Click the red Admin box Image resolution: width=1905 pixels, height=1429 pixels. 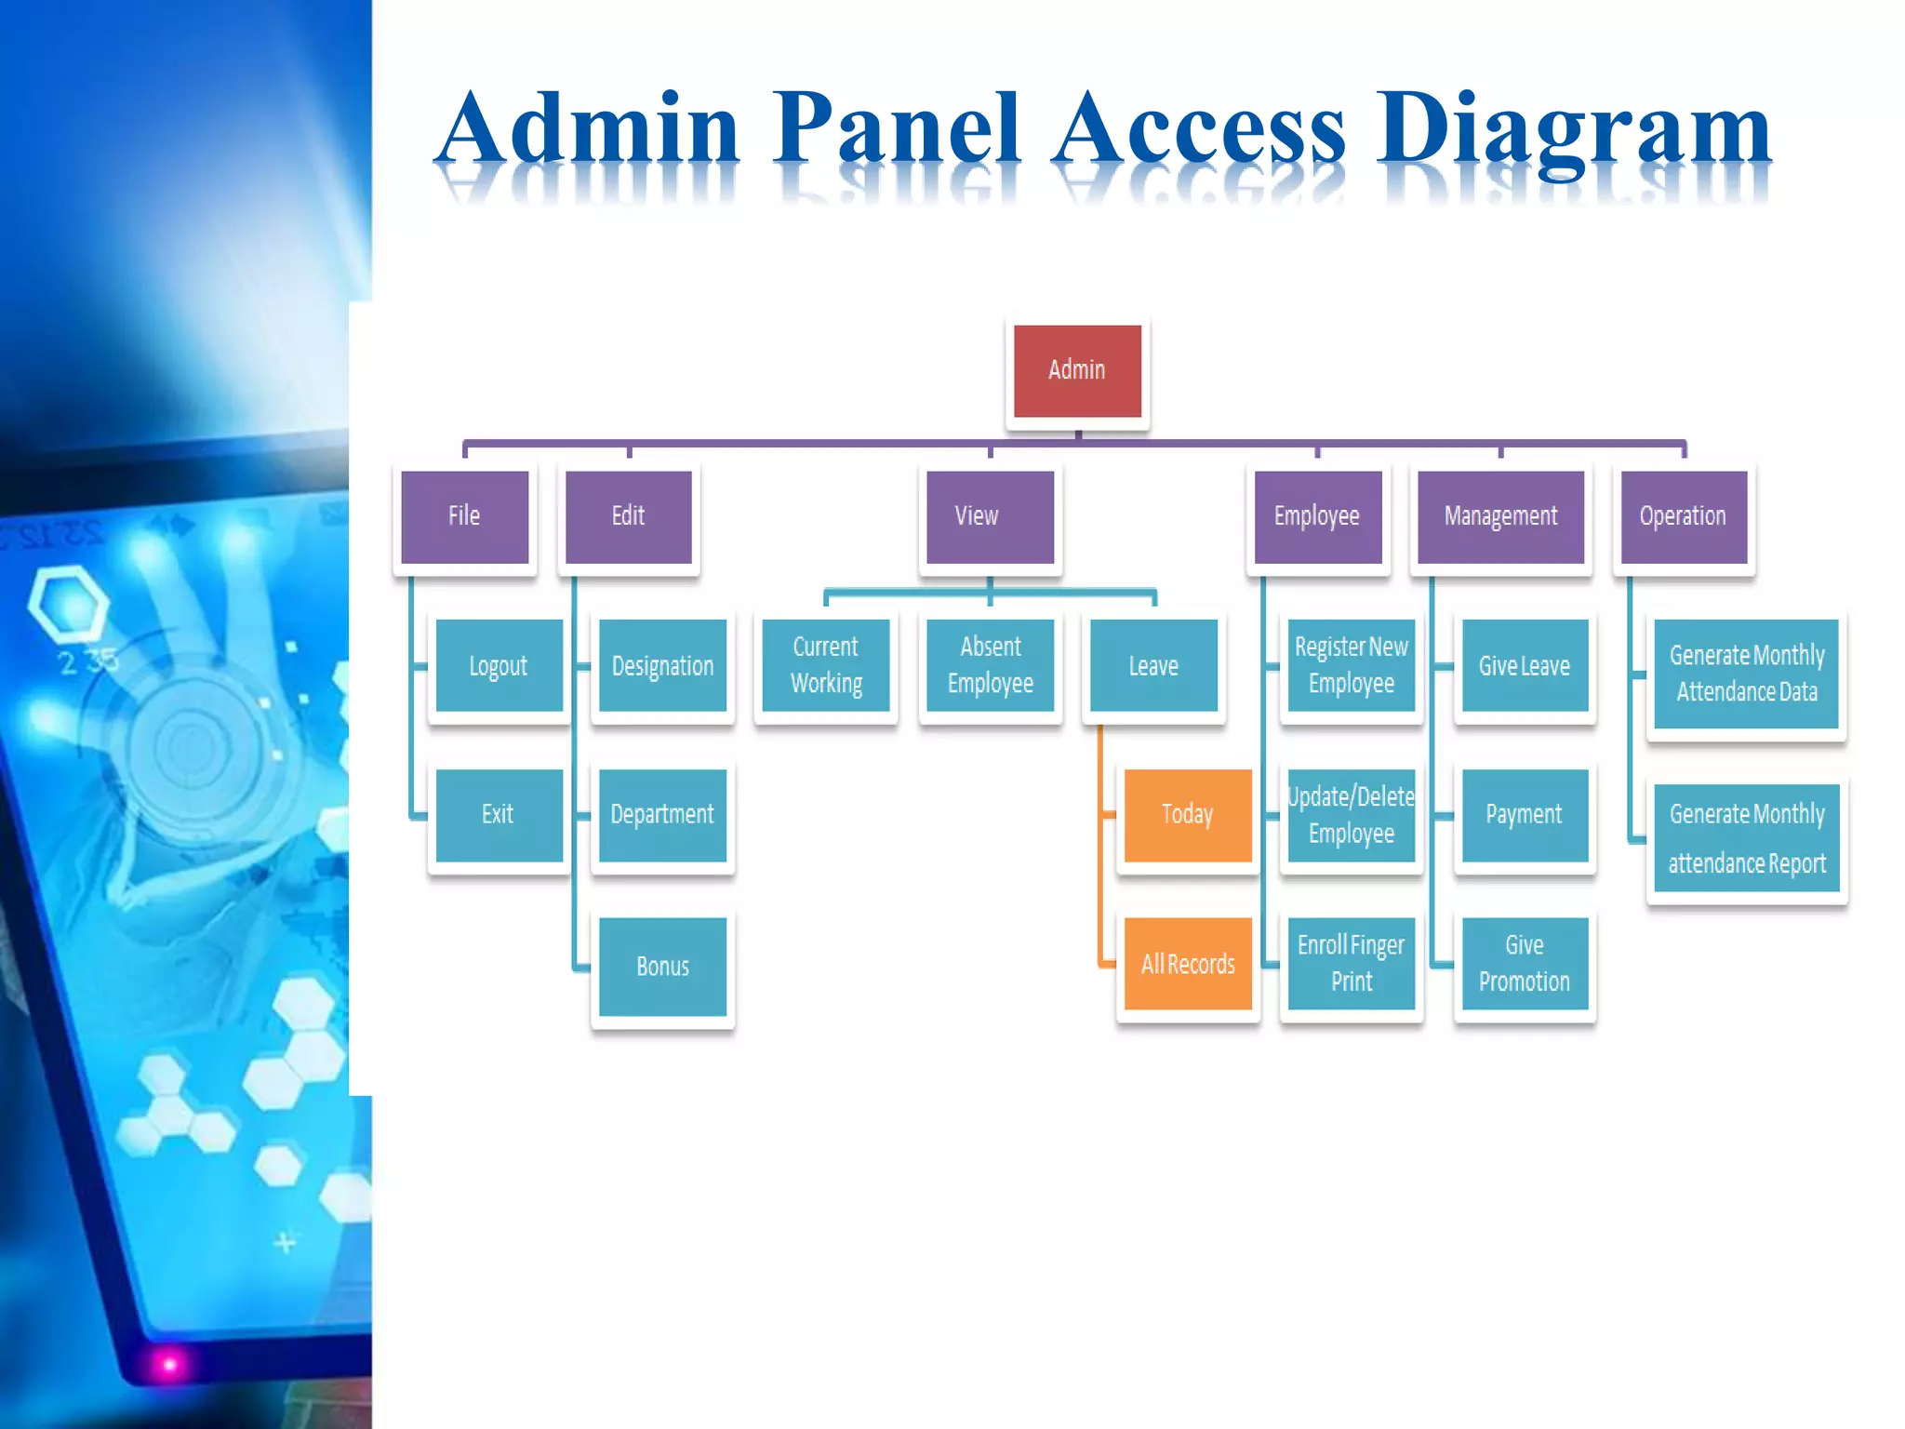[x=1077, y=370]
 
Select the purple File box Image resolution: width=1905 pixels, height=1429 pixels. [x=464, y=516]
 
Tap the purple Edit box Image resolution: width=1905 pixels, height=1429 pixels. [x=629, y=516]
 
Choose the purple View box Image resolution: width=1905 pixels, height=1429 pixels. [x=990, y=516]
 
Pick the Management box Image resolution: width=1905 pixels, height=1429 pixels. [x=1500, y=516]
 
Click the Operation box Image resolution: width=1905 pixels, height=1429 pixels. [x=1684, y=516]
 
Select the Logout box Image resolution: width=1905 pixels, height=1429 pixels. [x=499, y=665]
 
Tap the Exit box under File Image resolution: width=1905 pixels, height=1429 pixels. [x=499, y=815]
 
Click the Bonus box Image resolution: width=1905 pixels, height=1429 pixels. [x=662, y=966]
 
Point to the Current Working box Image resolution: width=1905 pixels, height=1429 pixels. [x=826, y=665]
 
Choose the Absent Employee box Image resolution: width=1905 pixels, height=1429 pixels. [x=990, y=665]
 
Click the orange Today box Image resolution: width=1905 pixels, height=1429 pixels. [x=1188, y=815]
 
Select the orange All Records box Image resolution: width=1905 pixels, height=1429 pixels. [x=1188, y=964]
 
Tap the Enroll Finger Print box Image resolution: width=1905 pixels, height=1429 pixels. [x=1352, y=964]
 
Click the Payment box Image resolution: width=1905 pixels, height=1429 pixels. [x=1525, y=815]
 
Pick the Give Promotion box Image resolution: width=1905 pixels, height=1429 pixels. [x=1525, y=964]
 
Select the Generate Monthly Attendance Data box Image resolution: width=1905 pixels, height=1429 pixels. [x=1746, y=674]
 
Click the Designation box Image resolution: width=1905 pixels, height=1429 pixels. [x=662, y=665]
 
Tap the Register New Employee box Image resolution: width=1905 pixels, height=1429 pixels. [x=1352, y=665]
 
